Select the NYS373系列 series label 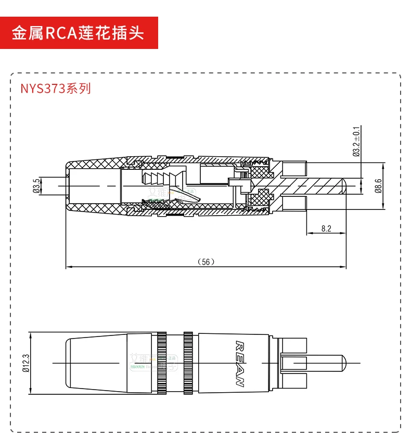[56, 88]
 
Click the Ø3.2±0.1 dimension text [356, 142]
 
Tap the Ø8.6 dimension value [379, 185]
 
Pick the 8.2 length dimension [326, 228]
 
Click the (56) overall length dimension [206, 262]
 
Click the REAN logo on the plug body [240, 363]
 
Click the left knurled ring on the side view [161, 363]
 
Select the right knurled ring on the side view [188, 363]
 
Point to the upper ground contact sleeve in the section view [294, 168]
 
